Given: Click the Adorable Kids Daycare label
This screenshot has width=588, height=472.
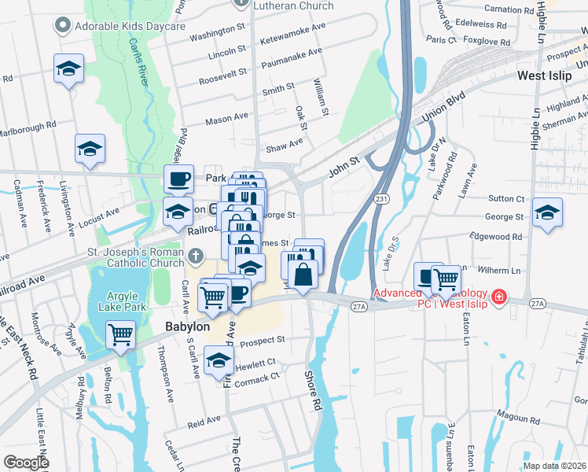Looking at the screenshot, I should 130,26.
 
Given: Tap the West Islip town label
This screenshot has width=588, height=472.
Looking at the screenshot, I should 549,77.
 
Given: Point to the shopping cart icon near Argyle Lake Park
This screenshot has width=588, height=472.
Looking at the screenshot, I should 121,335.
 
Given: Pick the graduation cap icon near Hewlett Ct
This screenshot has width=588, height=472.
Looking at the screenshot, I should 219,362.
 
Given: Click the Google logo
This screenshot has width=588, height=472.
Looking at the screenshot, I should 27,463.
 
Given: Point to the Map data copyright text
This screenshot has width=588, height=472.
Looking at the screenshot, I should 553,466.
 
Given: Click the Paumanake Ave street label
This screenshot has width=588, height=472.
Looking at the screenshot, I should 293,52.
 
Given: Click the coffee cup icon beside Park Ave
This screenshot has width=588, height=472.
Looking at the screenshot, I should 179,179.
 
